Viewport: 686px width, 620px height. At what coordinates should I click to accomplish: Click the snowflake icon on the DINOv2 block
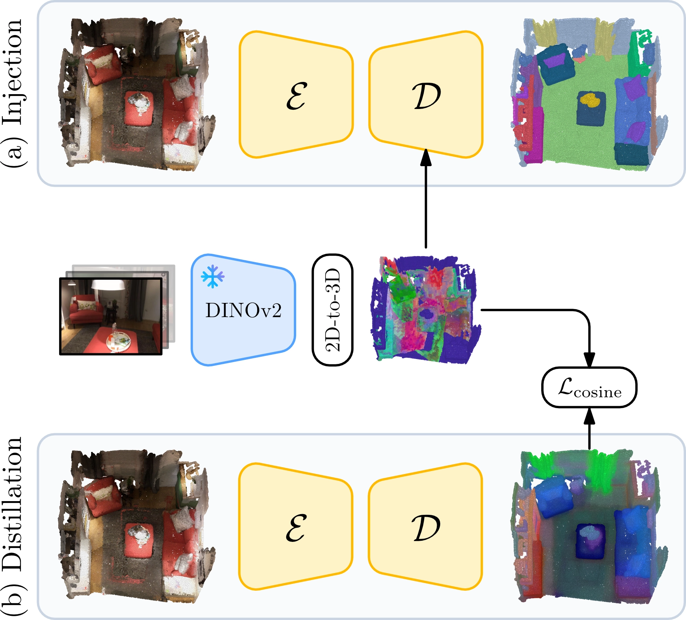point(213,276)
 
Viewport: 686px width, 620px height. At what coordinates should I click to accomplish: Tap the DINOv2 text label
point(243,311)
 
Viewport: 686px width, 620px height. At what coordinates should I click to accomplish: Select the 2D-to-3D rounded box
point(333,310)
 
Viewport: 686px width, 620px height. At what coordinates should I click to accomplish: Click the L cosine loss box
point(589,387)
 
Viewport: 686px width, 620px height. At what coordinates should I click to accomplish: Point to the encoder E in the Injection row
point(296,95)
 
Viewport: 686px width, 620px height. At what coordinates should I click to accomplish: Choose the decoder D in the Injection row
point(426,95)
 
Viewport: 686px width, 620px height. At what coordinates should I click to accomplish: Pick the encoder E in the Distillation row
point(296,527)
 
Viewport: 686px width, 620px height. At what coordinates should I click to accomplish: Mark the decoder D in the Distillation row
point(426,527)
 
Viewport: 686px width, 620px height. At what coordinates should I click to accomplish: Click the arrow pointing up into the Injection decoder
point(426,198)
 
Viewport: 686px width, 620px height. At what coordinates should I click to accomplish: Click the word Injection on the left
point(13,72)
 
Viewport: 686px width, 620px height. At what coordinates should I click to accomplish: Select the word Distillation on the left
point(13,503)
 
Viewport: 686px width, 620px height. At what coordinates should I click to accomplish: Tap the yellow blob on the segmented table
point(590,100)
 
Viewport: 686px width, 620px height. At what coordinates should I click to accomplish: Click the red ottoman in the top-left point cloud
point(139,108)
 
